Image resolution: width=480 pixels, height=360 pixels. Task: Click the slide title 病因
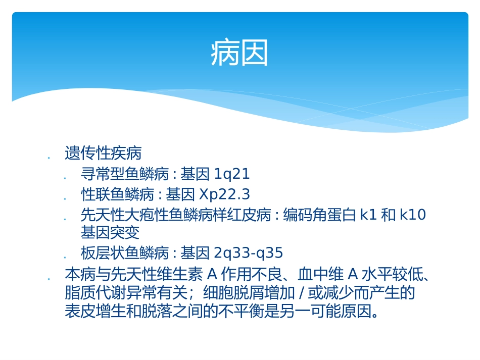239,54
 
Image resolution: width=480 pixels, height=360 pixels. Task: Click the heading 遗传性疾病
103,153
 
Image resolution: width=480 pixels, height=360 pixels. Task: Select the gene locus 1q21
232,175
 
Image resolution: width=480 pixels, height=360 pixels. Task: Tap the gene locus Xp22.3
225,194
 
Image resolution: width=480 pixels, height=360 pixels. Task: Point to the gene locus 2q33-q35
249,252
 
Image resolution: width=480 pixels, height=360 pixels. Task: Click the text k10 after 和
413,215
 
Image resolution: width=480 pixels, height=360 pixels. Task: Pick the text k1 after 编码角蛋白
368,215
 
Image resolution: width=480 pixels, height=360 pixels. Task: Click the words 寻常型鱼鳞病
124,175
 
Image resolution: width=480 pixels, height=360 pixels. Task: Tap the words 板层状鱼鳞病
124,252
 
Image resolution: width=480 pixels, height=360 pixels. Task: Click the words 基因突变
110,233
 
